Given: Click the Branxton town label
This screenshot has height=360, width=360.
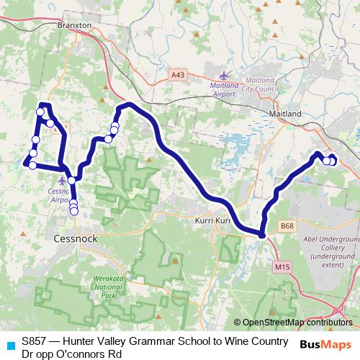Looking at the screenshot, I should pyautogui.click(x=77, y=24).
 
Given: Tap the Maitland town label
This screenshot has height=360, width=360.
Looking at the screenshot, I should pyautogui.click(x=284, y=114).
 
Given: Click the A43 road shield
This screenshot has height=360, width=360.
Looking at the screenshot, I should pyautogui.click(x=178, y=73).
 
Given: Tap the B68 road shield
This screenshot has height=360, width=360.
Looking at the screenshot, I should pyautogui.click(x=288, y=226).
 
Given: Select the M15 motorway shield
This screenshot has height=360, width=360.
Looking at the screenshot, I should pyautogui.click(x=281, y=266).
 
